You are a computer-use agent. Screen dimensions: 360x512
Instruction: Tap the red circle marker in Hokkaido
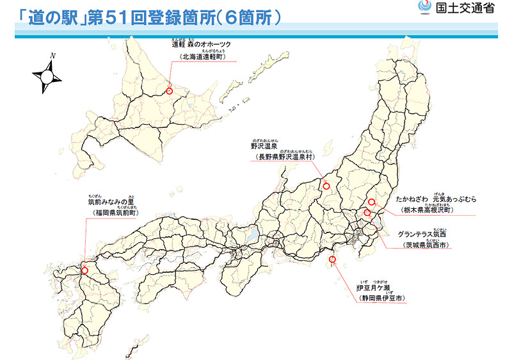point(170,91)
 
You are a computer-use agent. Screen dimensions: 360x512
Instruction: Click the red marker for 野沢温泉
point(326,186)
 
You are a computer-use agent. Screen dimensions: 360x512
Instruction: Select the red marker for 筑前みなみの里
point(85,270)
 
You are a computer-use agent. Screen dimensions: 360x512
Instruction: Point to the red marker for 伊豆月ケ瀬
point(332,259)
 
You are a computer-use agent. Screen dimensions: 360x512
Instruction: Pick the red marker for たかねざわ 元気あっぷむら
point(372,202)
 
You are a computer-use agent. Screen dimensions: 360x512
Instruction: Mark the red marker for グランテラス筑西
point(367,213)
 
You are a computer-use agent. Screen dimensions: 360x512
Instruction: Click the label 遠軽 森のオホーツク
point(201,44)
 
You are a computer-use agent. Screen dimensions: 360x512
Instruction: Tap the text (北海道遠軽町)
point(202,56)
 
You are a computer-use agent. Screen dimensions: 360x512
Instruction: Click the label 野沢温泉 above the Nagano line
point(263,146)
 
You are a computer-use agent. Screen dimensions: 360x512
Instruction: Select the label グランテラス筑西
point(422,234)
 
